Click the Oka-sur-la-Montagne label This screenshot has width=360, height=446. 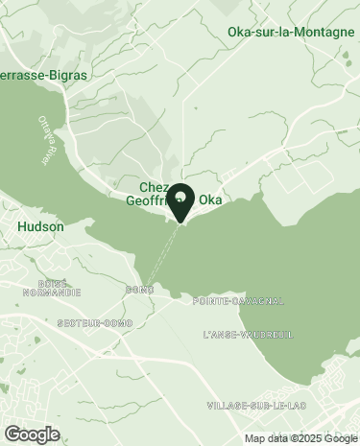point(291,32)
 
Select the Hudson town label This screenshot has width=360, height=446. point(41,227)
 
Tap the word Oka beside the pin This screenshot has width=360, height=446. point(210,201)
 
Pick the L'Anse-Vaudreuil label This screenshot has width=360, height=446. point(248,335)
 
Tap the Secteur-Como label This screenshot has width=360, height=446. point(94,322)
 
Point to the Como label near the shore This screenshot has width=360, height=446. point(139,289)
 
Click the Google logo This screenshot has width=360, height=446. point(32,433)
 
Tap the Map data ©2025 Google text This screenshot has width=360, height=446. point(299,438)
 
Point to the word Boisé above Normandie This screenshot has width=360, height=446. point(52,283)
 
